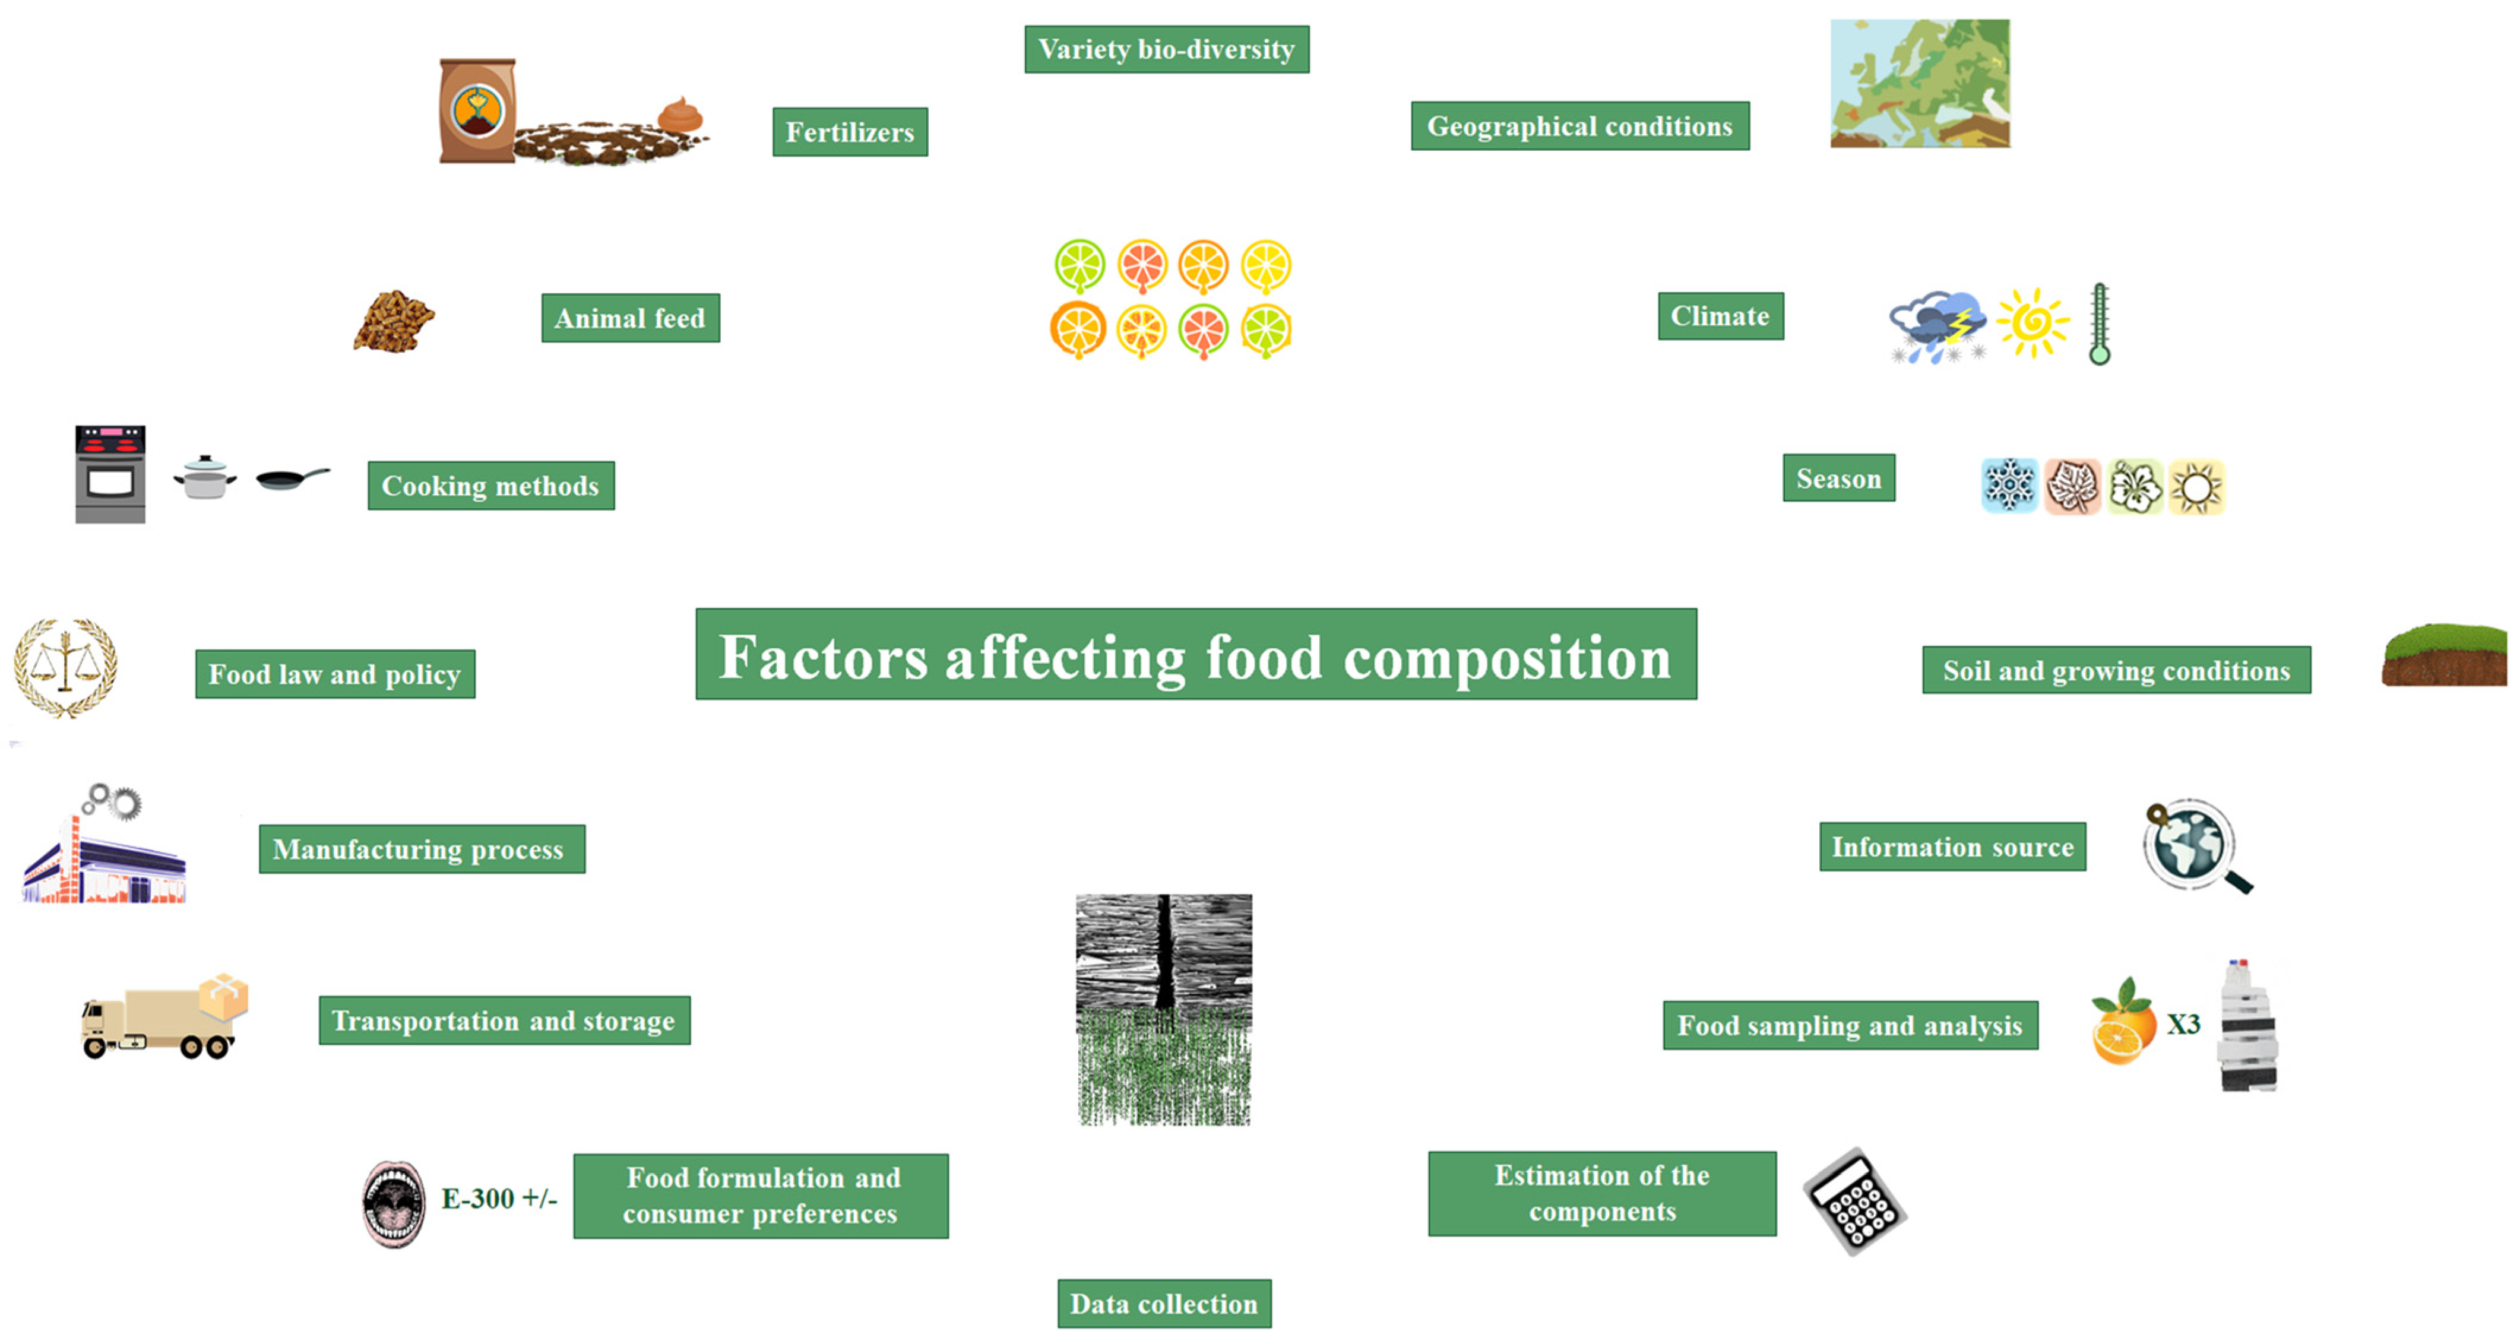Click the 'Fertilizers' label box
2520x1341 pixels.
849,132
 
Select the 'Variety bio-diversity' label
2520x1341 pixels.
1166,49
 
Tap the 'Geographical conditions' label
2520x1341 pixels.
1579,126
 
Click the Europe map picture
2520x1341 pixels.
1919,84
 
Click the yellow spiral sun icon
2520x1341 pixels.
2033,322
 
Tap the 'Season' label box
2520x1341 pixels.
1838,478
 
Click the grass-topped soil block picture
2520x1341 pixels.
2443,655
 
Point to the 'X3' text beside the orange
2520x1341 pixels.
2183,1024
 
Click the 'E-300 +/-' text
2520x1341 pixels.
499,1198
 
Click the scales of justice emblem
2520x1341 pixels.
65,668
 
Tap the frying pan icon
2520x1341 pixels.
292,478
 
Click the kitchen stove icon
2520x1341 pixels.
110,474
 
